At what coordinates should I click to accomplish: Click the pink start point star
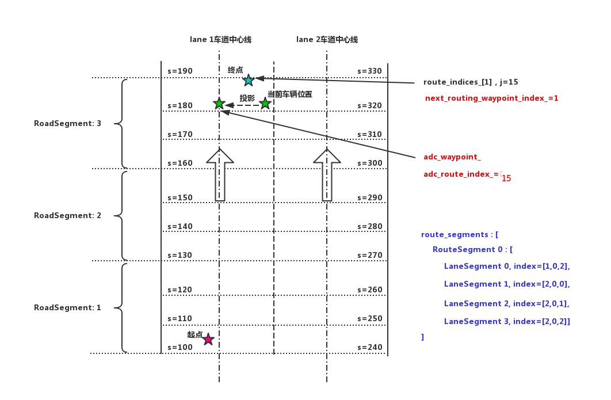pos(208,340)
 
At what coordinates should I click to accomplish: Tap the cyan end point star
pos(249,80)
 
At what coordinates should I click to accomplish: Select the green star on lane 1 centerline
pos(219,104)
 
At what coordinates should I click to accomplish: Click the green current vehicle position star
pos(265,104)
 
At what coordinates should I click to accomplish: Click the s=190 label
pos(180,71)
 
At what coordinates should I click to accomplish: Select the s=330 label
pos(369,71)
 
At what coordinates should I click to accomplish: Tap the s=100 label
pos(180,348)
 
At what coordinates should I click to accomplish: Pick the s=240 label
pos(369,348)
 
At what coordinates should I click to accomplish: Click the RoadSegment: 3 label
pos(67,123)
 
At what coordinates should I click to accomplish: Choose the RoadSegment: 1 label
pos(67,307)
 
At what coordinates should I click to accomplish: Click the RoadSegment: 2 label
pos(67,215)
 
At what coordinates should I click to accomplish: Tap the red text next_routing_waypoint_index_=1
pos(491,98)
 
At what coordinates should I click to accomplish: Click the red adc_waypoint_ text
pos(452,157)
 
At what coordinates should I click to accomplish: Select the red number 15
pos(506,179)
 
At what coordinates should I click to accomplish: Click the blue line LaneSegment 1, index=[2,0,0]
pos(507,284)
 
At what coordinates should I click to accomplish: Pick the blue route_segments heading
pos(460,234)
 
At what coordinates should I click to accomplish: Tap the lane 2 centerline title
pos(327,40)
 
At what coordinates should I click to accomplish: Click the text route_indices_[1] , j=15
pos(471,82)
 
